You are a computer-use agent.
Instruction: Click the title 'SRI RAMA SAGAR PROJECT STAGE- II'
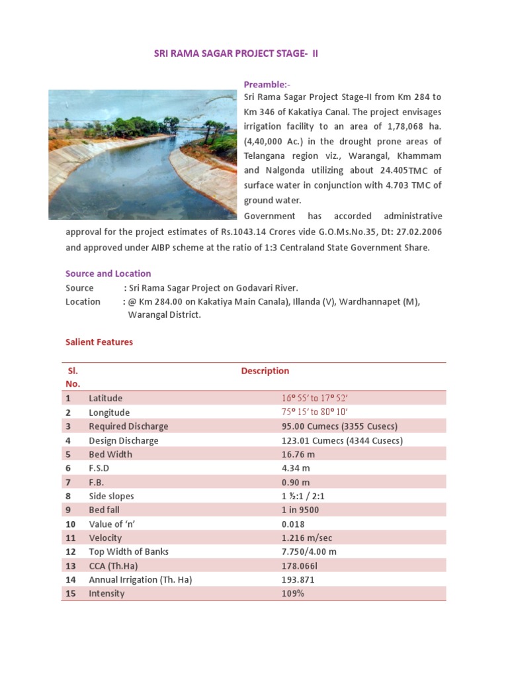pyautogui.click(x=236, y=53)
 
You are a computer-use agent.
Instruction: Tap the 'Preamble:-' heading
pyautogui.click(x=267, y=84)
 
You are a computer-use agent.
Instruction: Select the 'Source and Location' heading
pyautogui.click(x=108, y=273)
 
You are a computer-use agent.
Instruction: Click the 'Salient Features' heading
pyautogui.click(x=99, y=342)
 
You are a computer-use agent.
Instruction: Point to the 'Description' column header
pyautogui.click(x=265, y=371)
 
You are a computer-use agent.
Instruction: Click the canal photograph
pyautogui.click(x=142, y=154)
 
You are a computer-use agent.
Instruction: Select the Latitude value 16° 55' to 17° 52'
pyautogui.click(x=315, y=399)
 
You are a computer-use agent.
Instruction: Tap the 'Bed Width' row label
pyautogui.click(x=110, y=454)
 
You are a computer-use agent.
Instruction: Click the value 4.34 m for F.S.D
pyautogui.click(x=296, y=468)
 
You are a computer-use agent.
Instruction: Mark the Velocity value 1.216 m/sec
pyautogui.click(x=307, y=538)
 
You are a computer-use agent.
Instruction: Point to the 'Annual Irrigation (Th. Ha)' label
pyautogui.click(x=140, y=579)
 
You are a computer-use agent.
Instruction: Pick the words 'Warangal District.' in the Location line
pyautogui.click(x=164, y=315)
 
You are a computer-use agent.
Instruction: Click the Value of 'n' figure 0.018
pyautogui.click(x=293, y=524)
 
